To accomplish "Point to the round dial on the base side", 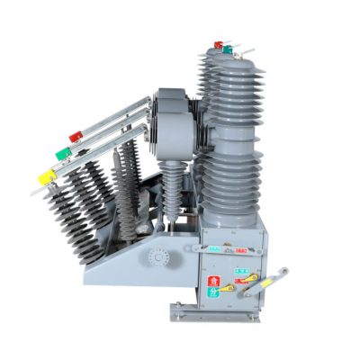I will [x=158, y=257].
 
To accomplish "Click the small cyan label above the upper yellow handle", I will [x=241, y=269].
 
